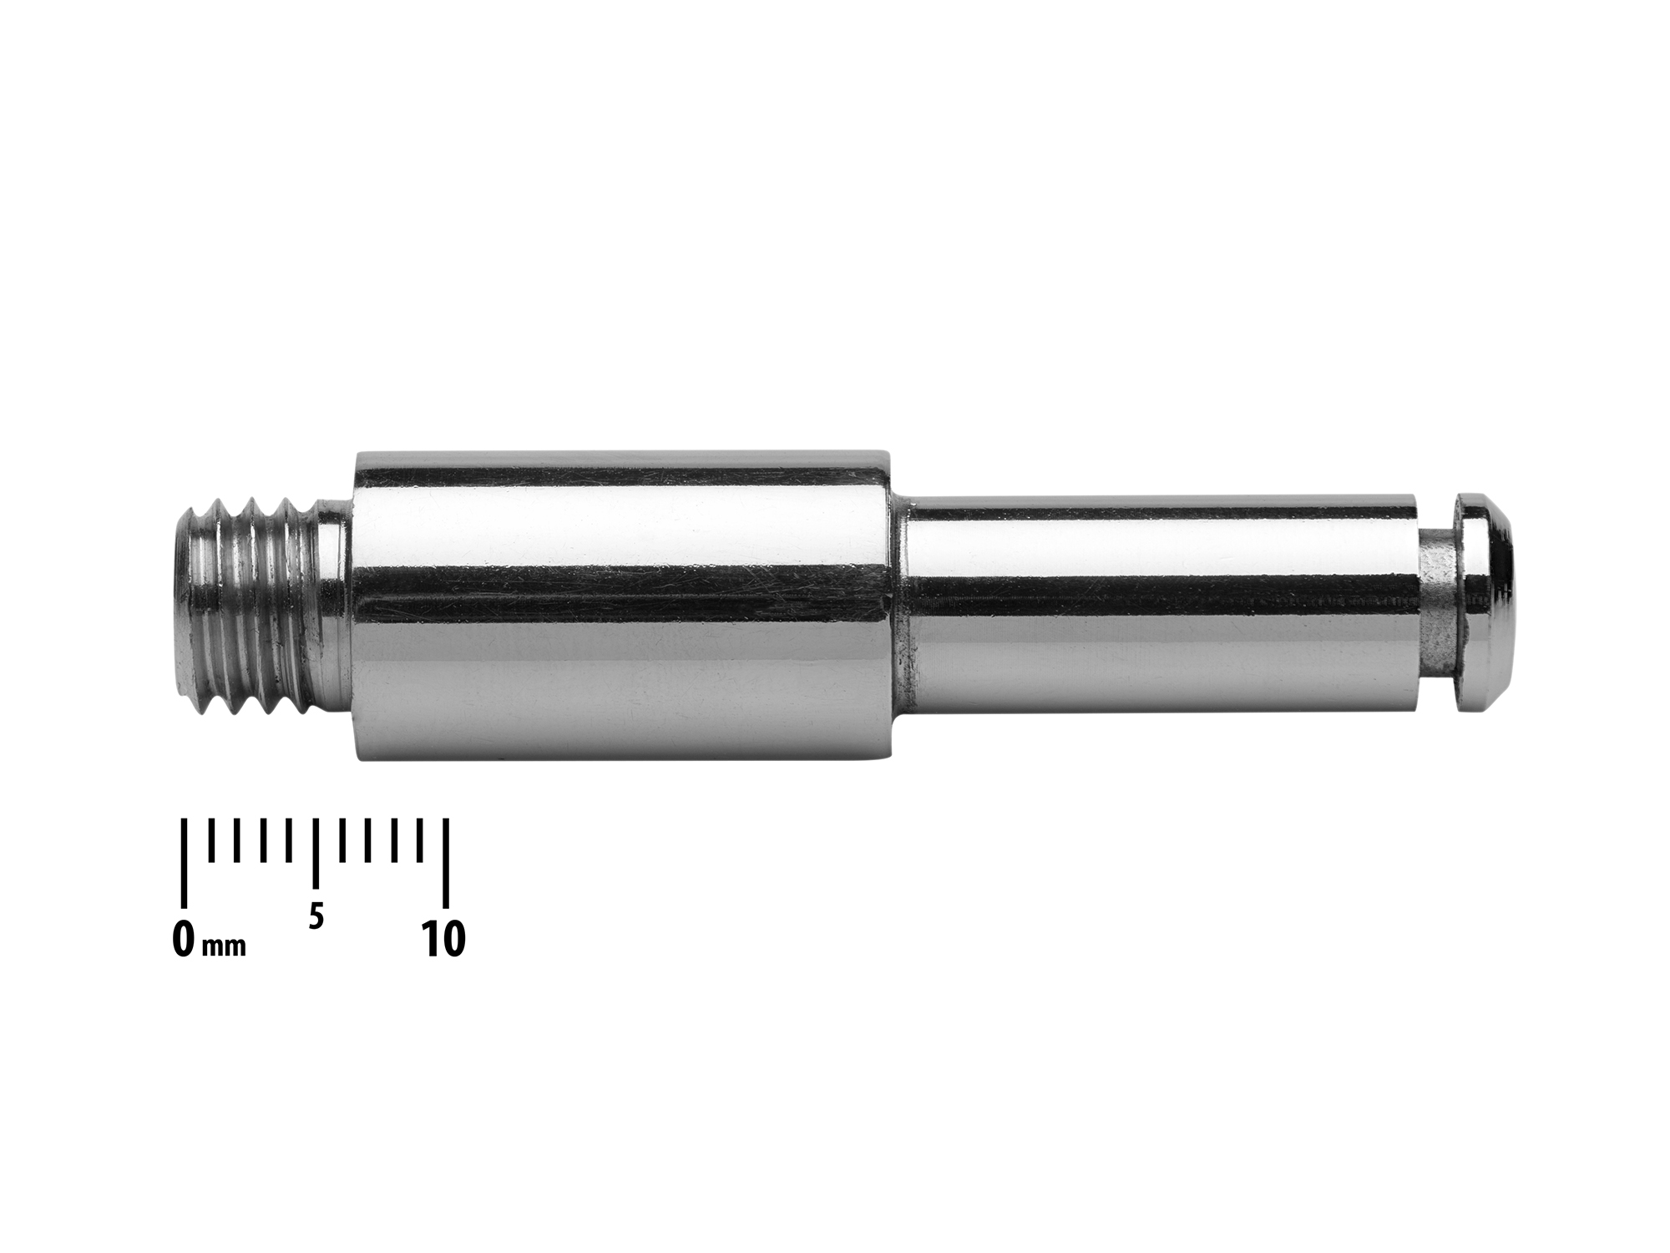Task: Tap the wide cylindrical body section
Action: (622, 606)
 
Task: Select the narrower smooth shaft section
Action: (1161, 607)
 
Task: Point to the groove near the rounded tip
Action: (1438, 607)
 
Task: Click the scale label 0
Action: (184, 940)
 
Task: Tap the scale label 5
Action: (315, 917)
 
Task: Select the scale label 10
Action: (443, 940)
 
